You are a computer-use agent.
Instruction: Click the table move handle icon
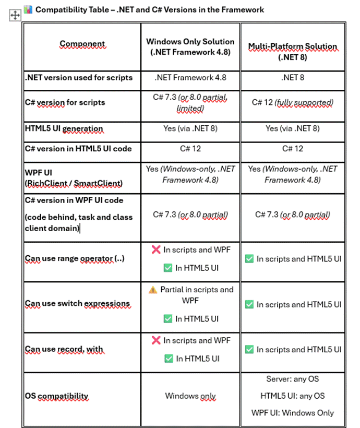click(15, 16)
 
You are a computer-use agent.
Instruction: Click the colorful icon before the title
click(28, 9)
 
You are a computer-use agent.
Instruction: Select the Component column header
click(82, 44)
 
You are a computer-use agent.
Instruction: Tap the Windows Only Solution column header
click(190, 46)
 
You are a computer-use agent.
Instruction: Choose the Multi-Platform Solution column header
click(292, 51)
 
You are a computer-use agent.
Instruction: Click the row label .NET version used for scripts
click(79, 78)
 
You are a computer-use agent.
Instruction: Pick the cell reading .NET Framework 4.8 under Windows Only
click(190, 78)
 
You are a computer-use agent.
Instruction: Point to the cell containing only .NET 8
click(292, 78)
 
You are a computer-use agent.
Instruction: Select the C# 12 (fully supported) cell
click(292, 103)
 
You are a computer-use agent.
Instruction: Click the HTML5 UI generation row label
click(64, 128)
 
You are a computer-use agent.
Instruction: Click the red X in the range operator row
click(155, 250)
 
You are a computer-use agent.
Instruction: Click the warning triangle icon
click(152, 290)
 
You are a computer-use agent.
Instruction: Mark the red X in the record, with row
click(155, 340)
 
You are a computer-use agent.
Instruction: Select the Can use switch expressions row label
click(77, 304)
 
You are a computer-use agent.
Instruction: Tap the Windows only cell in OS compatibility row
click(190, 396)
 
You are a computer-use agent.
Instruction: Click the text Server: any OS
click(292, 379)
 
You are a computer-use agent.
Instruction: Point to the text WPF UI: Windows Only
click(292, 412)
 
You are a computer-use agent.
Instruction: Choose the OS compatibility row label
click(56, 396)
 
